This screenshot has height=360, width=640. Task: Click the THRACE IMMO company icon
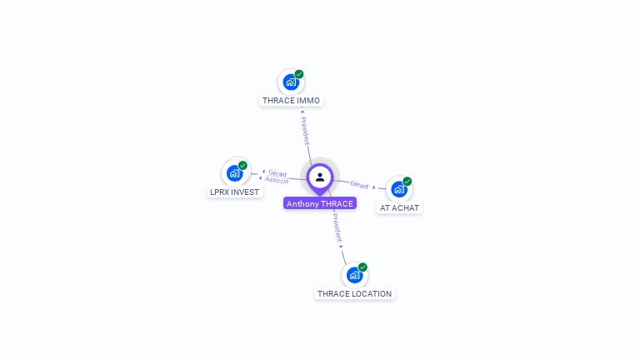coord(290,82)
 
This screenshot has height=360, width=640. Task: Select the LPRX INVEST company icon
coord(234,173)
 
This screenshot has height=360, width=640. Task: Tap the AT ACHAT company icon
coord(398,189)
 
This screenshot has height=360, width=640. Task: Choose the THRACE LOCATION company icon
coord(354,275)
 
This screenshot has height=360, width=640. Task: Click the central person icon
coord(320,177)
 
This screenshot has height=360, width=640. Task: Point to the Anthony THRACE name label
coord(320,203)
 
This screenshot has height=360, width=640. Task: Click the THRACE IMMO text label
coord(291,101)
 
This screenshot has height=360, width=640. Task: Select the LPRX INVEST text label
coord(234,192)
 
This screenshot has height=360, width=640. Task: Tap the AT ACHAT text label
coord(399,207)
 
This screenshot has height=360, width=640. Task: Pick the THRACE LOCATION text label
coord(354,293)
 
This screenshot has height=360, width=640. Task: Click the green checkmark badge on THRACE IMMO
coord(299,74)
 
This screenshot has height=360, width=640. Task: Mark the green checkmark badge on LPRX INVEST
coord(242,165)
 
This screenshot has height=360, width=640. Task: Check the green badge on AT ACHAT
coord(407,181)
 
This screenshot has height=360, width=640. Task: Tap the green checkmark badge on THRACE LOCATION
coord(362,267)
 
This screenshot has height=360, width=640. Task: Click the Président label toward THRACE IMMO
coord(305,130)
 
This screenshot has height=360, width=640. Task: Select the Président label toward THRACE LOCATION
coord(337,227)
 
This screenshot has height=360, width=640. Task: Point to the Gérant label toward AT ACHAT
coord(359,184)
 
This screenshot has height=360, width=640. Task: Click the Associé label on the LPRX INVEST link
coord(277,180)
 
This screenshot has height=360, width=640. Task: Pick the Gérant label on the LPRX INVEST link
coord(277,173)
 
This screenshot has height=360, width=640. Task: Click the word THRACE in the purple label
coord(337,203)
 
